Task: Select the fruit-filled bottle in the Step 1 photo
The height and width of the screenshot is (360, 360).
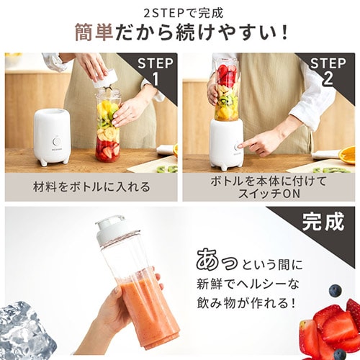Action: (x=108, y=126)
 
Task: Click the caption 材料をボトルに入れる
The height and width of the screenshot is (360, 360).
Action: (x=91, y=187)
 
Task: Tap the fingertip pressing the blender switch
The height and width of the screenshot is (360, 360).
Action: (x=240, y=146)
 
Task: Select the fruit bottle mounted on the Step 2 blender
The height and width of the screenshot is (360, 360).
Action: (x=226, y=90)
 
